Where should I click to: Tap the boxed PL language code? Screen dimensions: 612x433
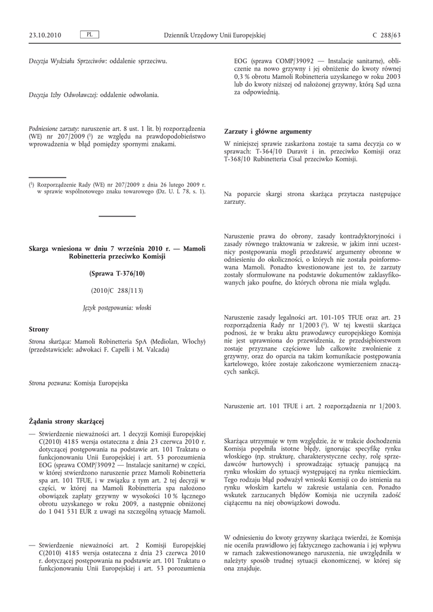tap(89, 35)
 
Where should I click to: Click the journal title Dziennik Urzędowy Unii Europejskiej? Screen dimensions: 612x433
tap(214, 35)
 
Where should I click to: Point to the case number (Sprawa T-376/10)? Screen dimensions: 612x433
tap(117, 273)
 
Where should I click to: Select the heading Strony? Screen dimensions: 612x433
tap(39, 329)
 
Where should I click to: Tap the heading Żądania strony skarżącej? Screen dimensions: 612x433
tap(66, 423)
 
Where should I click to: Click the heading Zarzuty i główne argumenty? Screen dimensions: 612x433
tap(268, 131)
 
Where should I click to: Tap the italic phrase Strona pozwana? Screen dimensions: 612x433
tap(50, 382)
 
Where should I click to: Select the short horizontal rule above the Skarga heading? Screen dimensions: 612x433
tap(117, 216)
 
